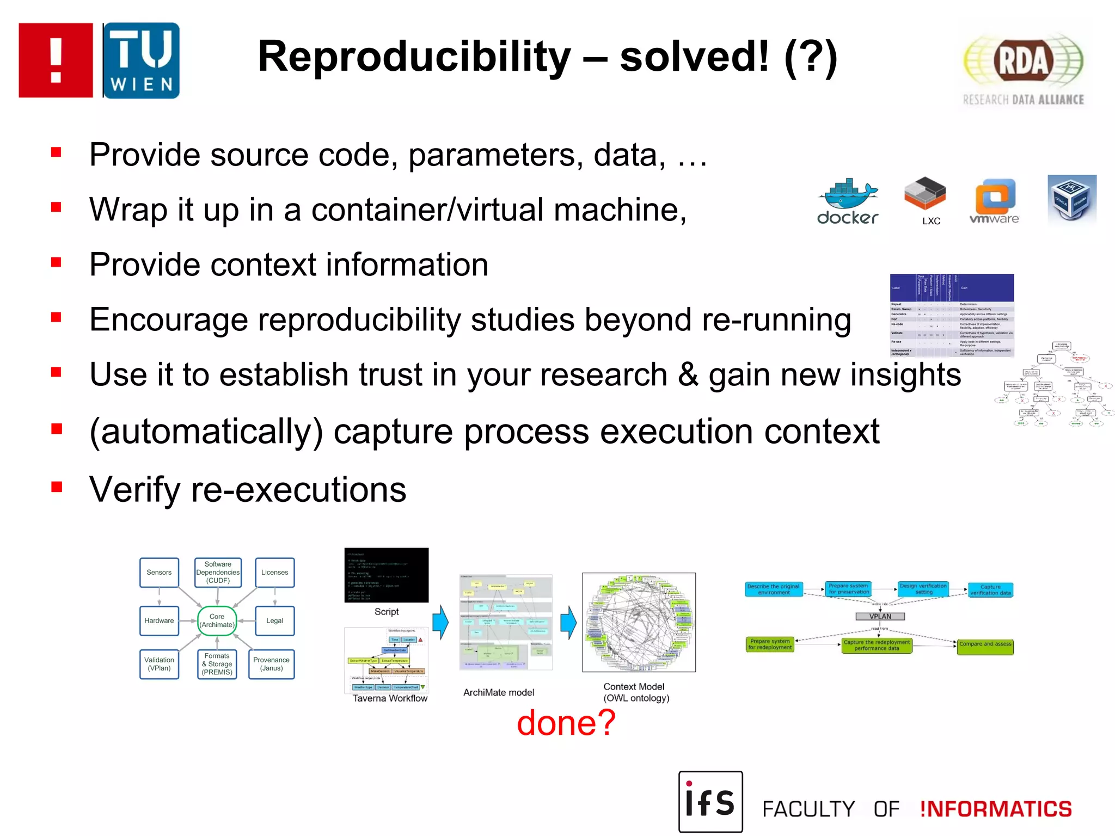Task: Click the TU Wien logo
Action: pos(141,60)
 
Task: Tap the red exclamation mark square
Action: pos(56,60)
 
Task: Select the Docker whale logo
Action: pos(848,200)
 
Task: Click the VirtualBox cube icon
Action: pos(1071,199)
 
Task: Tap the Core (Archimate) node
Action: pos(217,620)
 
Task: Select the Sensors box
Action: pos(159,572)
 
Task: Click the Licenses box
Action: pos(274,572)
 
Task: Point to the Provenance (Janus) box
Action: pos(271,663)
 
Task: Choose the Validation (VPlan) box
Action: pos(159,663)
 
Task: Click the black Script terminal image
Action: pos(386,575)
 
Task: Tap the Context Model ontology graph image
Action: pos(639,622)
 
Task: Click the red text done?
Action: pos(566,723)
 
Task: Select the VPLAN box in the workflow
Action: pos(880,616)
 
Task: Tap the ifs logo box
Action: pos(710,801)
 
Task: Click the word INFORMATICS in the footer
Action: pos(996,809)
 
